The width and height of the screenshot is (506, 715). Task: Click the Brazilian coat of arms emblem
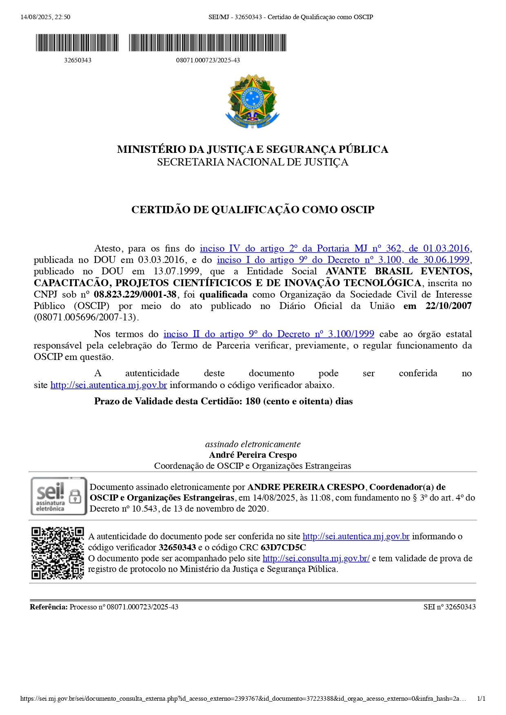click(x=253, y=101)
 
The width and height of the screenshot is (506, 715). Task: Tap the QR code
click(x=58, y=553)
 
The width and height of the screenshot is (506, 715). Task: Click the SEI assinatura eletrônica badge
click(x=59, y=496)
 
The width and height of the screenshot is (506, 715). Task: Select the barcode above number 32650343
click(x=78, y=43)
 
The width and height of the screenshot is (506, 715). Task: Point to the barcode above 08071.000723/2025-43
click(x=208, y=43)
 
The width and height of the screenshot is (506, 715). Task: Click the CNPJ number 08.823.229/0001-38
click(x=135, y=294)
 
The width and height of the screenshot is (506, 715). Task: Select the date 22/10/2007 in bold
click(x=448, y=306)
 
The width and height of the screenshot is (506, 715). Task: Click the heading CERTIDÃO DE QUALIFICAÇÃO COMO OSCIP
click(x=253, y=210)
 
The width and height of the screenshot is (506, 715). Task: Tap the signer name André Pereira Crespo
click(x=253, y=455)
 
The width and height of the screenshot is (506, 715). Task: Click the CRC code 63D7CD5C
click(x=283, y=547)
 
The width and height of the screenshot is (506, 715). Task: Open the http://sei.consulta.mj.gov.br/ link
click(x=316, y=558)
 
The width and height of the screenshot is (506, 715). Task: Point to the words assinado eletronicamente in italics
click(x=253, y=444)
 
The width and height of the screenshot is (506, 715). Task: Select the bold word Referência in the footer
click(x=49, y=607)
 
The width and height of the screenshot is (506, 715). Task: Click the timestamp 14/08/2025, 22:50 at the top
click(x=45, y=17)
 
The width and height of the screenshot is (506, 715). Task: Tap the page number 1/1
click(x=481, y=699)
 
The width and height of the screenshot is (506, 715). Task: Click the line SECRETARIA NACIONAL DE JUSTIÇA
click(x=253, y=162)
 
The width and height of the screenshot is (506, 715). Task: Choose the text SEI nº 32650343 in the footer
click(x=449, y=607)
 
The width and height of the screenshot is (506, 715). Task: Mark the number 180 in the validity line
click(x=253, y=401)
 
